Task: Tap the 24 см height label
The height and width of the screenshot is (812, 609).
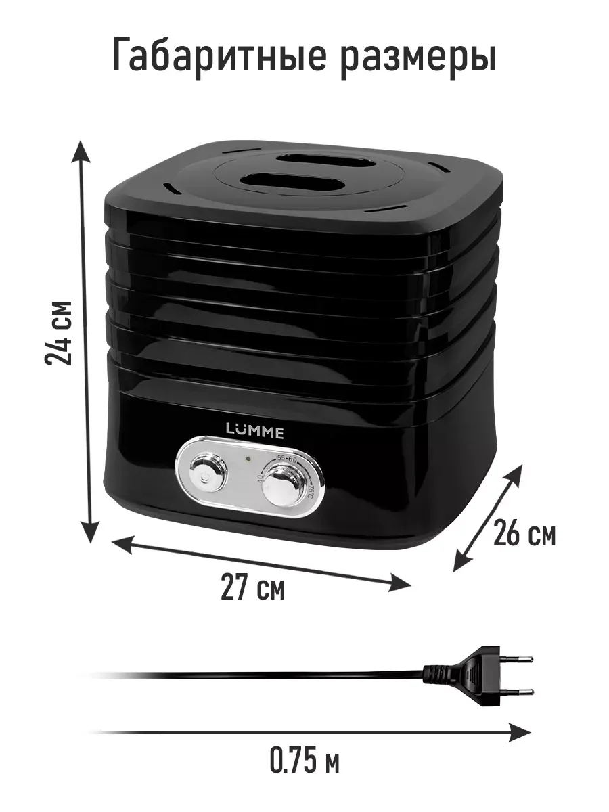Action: click(58, 334)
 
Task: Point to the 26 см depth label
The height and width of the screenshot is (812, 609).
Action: click(524, 533)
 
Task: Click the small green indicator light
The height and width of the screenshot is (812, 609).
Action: click(248, 459)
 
